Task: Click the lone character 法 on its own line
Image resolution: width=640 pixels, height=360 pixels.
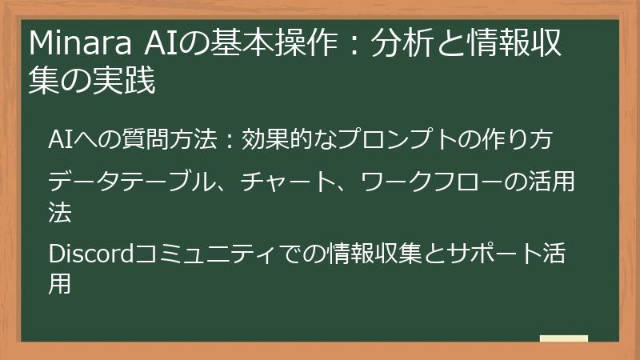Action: tap(61, 212)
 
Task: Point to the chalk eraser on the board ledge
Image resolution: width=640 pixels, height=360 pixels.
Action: tap(563, 338)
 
